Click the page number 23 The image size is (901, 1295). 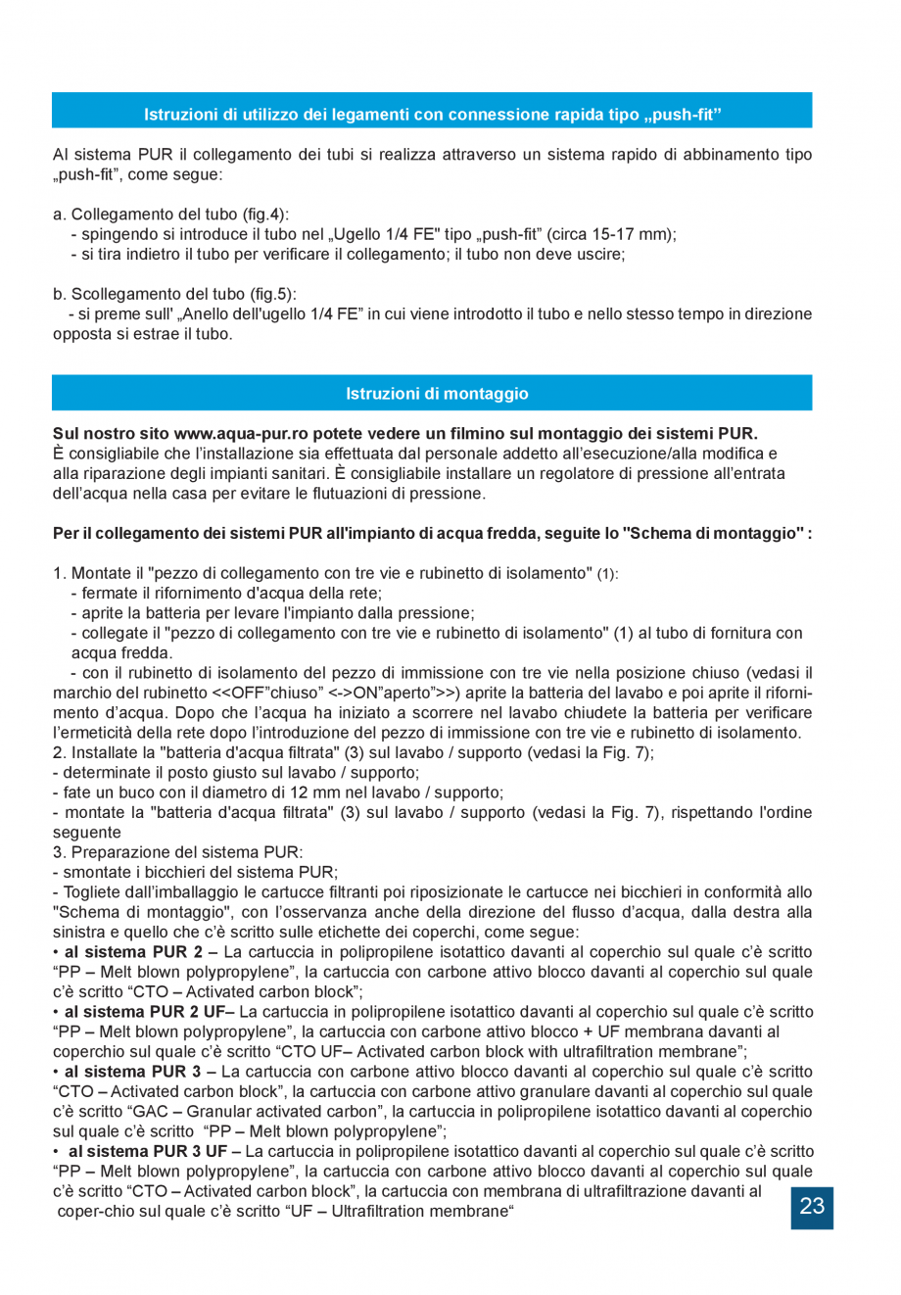(812, 1206)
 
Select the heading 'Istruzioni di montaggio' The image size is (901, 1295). (437, 394)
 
